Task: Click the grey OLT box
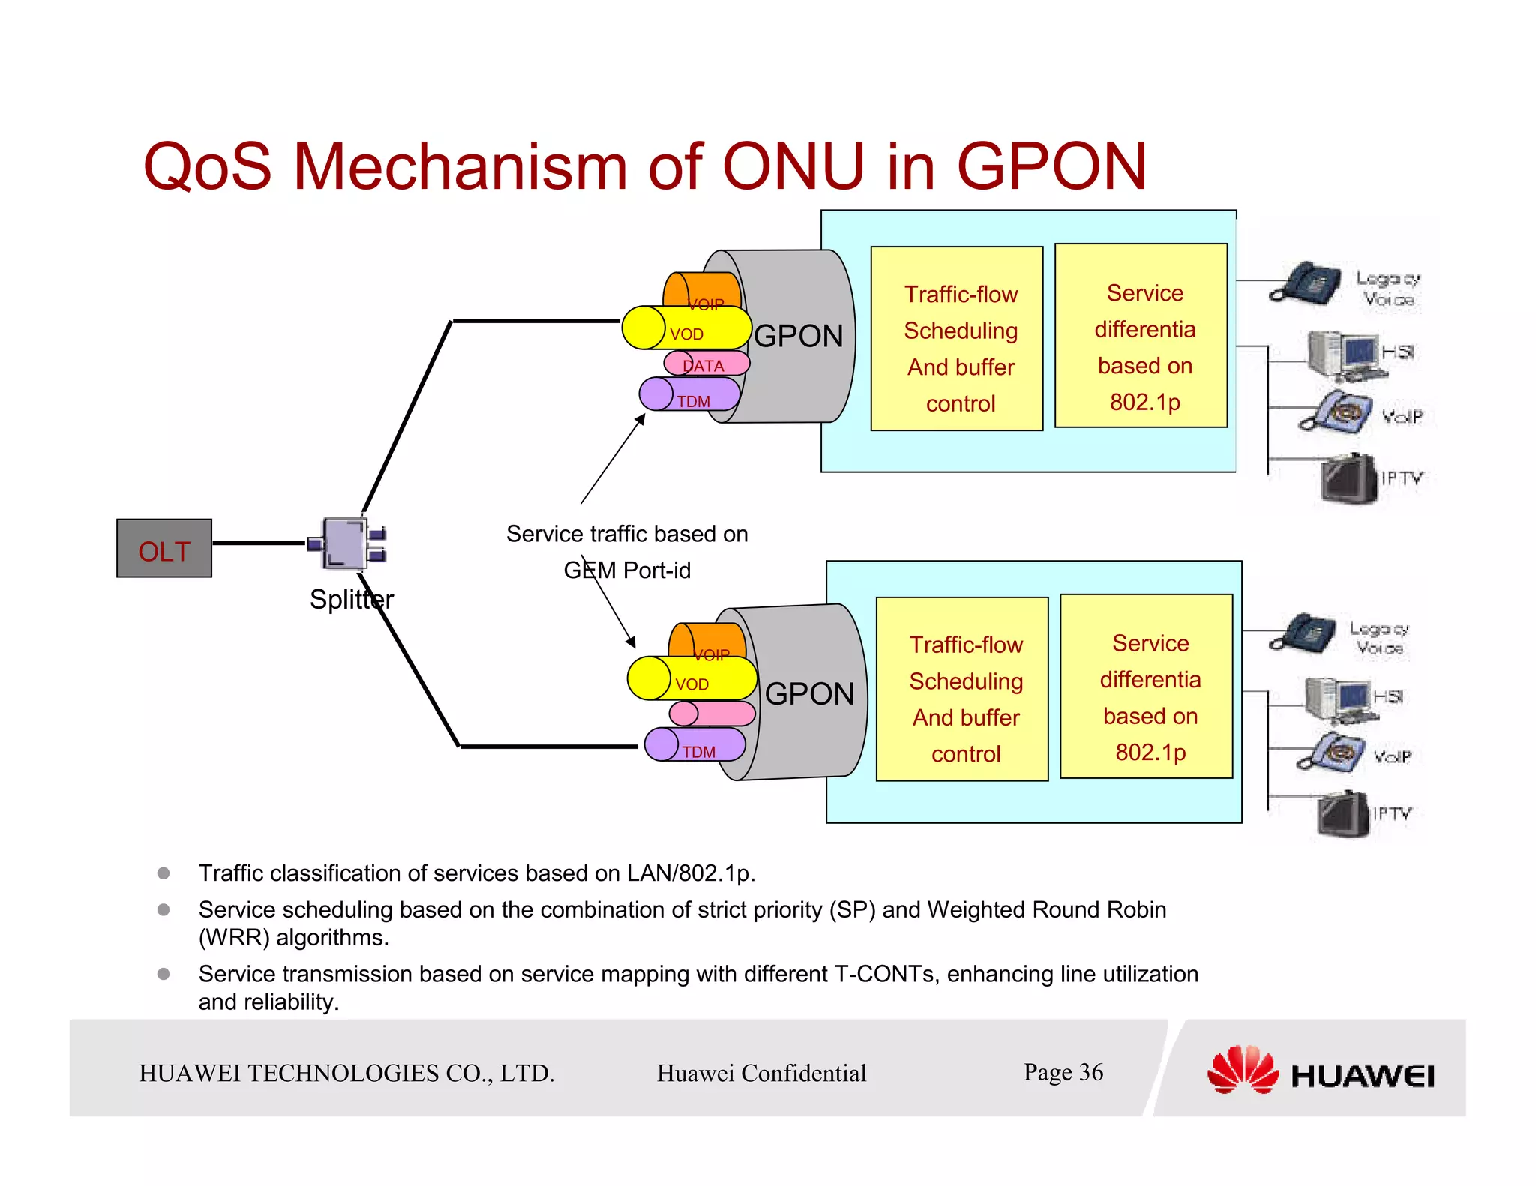tap(164, 548)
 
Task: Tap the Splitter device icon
tap(346, 542)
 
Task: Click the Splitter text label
tap(351, 600)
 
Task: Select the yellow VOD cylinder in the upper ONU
tap(686, 328)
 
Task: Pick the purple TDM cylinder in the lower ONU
tap(695, 744)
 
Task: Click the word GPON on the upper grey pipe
tap(798, 336)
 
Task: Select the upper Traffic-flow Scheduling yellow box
tap(957, 339)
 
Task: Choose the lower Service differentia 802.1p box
tap(1146, 687)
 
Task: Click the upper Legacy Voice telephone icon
tap(1305, 283)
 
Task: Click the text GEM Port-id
tap(627, 571)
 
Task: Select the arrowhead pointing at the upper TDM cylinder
tap(640, 419)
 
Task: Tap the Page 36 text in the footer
tap(1063, 1072)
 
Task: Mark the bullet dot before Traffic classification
tap(163, 873)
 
